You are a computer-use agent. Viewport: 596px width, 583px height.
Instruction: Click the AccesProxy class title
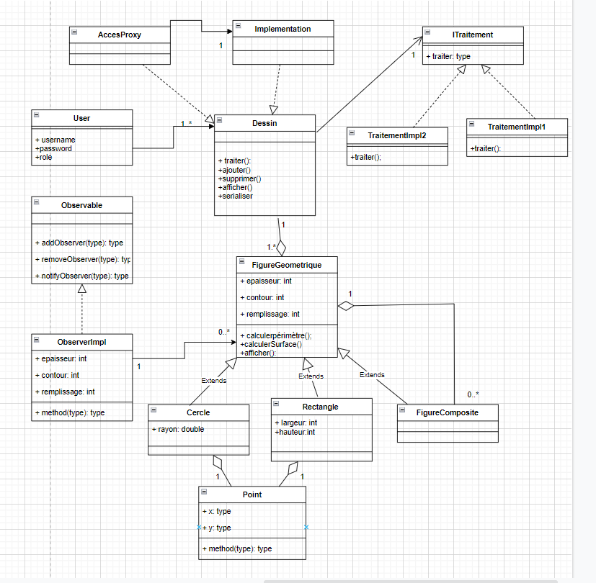pyautogui.click(x=120, y=35)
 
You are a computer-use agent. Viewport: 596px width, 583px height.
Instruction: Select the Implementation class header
pyautogui.click(x=283, y=29)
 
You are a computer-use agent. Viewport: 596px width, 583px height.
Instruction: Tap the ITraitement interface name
pyautogui.click(x=473, y=35)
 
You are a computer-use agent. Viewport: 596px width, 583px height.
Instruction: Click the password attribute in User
pyautogui.click(x=54, y=148)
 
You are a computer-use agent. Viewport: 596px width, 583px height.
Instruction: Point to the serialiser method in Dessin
pyautogui.click(x=235, y=196)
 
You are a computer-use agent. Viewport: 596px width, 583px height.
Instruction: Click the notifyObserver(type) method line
pyautogui.click(x=81, y=276)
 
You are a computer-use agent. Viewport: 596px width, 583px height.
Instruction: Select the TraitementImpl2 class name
pyautogui.click(x=396, y=135)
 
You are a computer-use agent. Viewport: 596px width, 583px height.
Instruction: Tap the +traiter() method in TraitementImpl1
pyautogui.click(x=485, y=149)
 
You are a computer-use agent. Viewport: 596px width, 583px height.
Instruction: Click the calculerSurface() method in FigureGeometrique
pyautogui.click(x=271, y=344)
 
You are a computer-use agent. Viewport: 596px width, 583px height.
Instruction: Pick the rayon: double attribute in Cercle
pyautogui.click(x=177, y=429)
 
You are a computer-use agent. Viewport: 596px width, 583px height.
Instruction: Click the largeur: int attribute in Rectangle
pyautogui.click(x=297, y=422)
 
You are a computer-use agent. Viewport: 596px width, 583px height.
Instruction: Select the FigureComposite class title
pyautogui.click(x=447, y=412)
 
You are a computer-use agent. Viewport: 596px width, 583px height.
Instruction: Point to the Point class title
pyautogui.click(x=252, y=494)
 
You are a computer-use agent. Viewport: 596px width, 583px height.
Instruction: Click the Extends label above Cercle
pyautogui.click(x=213, y=381)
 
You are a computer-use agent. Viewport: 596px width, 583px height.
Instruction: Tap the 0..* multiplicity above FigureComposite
pyautogui.click(x=473, y=394)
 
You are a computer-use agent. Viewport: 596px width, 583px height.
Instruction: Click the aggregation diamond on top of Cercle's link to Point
pyautogui.click(x=218, y=463)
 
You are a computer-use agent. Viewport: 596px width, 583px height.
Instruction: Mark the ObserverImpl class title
pyautogui.click(x=81, y=342)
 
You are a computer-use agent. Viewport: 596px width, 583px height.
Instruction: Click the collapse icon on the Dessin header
pyautogui.click(x=219, y=123)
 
